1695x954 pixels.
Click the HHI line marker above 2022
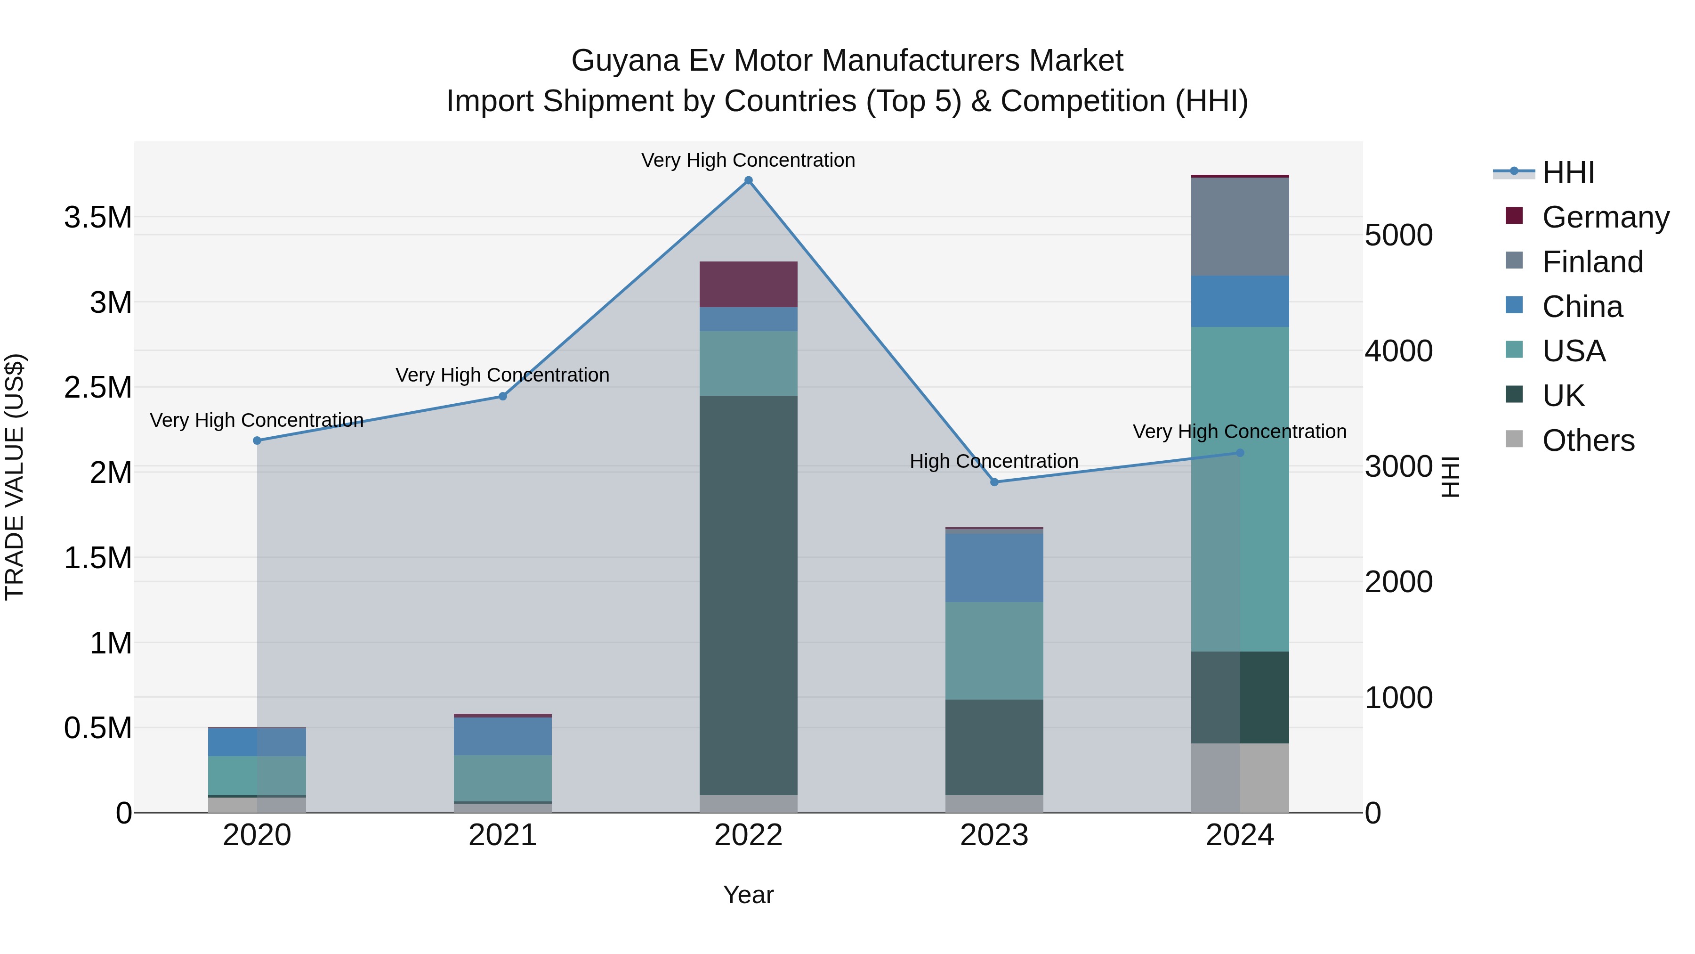pyautogui.click(x=748, y=180)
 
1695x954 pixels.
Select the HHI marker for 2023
pyautogui.click(x=994, y=482)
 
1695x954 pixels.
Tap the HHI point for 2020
pyautogui.click(x=257, y=440)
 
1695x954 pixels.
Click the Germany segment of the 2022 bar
pyautogui.click(x=748, y=285)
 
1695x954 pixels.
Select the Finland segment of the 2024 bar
pyautogui.click(x=1240, y=227)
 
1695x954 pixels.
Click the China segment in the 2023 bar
pyautogui.click(x=994, y=566)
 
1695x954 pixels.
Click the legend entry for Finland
pyautogui.click(x=1592, y=262)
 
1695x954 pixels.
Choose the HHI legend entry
pyautogui.click(x=1568, y=172)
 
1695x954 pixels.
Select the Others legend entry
pyautogui.click(x=1588, y=440)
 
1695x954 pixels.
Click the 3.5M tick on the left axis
pyautogui.click(x=98, y=217)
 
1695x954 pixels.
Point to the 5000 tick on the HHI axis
pyautogui.click(x=1399, y=235)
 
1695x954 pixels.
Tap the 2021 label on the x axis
pyautogui.click(x=503, y=835)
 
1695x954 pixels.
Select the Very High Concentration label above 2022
pyautogui.click(x=748, y=160)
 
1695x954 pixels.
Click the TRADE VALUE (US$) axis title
pyautogui.click(x=15, y=477)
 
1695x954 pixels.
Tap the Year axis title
pyautogui.click(x=748, y=895)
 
